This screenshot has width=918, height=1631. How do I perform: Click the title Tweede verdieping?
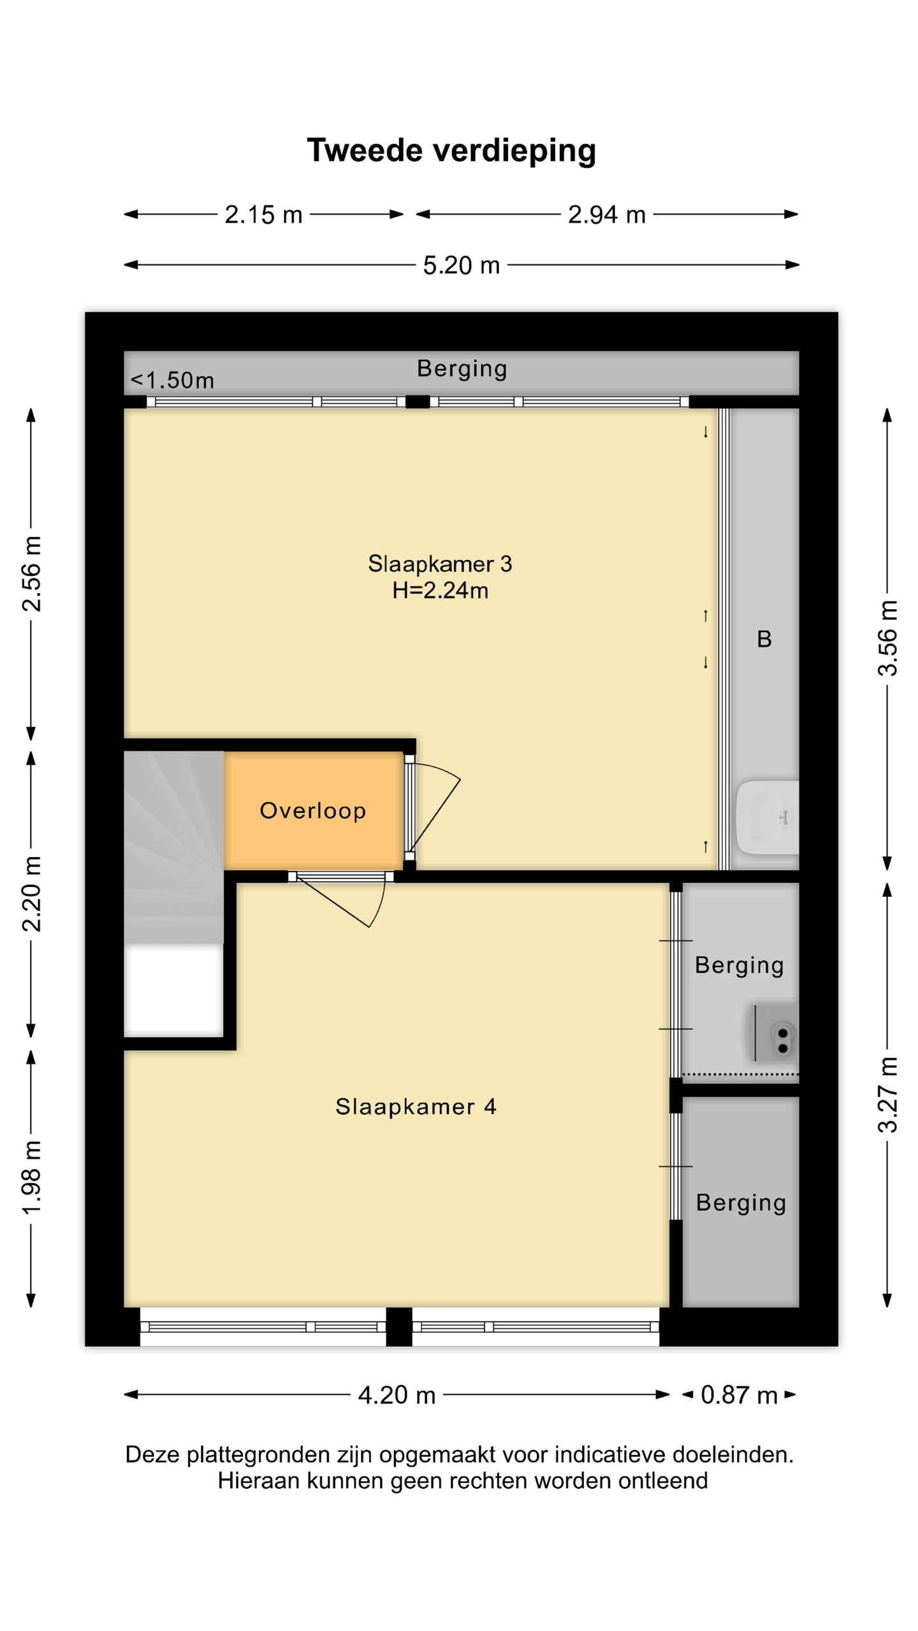coord(451,151)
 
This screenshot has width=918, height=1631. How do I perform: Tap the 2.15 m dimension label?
coord(263,215)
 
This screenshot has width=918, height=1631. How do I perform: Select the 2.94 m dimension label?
coord(607,215)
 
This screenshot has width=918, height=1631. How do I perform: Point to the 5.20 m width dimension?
coord(462,265)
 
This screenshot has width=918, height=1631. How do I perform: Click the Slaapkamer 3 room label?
coord(440,564)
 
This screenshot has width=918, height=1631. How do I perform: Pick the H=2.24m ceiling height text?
coord(440,591)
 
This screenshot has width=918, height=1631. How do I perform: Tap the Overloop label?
coord(313,810)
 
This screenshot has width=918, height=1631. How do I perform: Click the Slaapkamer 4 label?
coord(416,1107)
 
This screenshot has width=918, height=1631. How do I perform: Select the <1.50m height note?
coord(172,380)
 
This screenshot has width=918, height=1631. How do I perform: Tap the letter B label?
coord(764,638)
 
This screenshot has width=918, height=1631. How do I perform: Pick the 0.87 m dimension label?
coord(739,1395)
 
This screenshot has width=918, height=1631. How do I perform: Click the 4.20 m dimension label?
coord(397,1395)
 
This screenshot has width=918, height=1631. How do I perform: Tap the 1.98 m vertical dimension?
coord(31,1178)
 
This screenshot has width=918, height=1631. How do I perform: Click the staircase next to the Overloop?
coord(173,847)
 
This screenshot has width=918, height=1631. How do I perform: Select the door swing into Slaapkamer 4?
coord(341,900)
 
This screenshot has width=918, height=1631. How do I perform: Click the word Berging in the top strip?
coord(462,369)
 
